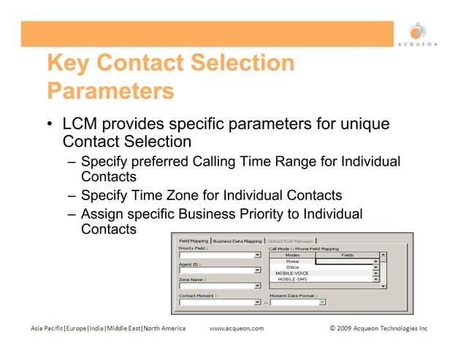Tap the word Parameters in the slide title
110,92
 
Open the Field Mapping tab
192,241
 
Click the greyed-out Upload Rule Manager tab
290,241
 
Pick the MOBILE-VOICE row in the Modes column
292,273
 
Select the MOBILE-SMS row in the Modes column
292,279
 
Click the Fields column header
347,255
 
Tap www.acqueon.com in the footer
237,329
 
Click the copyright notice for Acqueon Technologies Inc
378,329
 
